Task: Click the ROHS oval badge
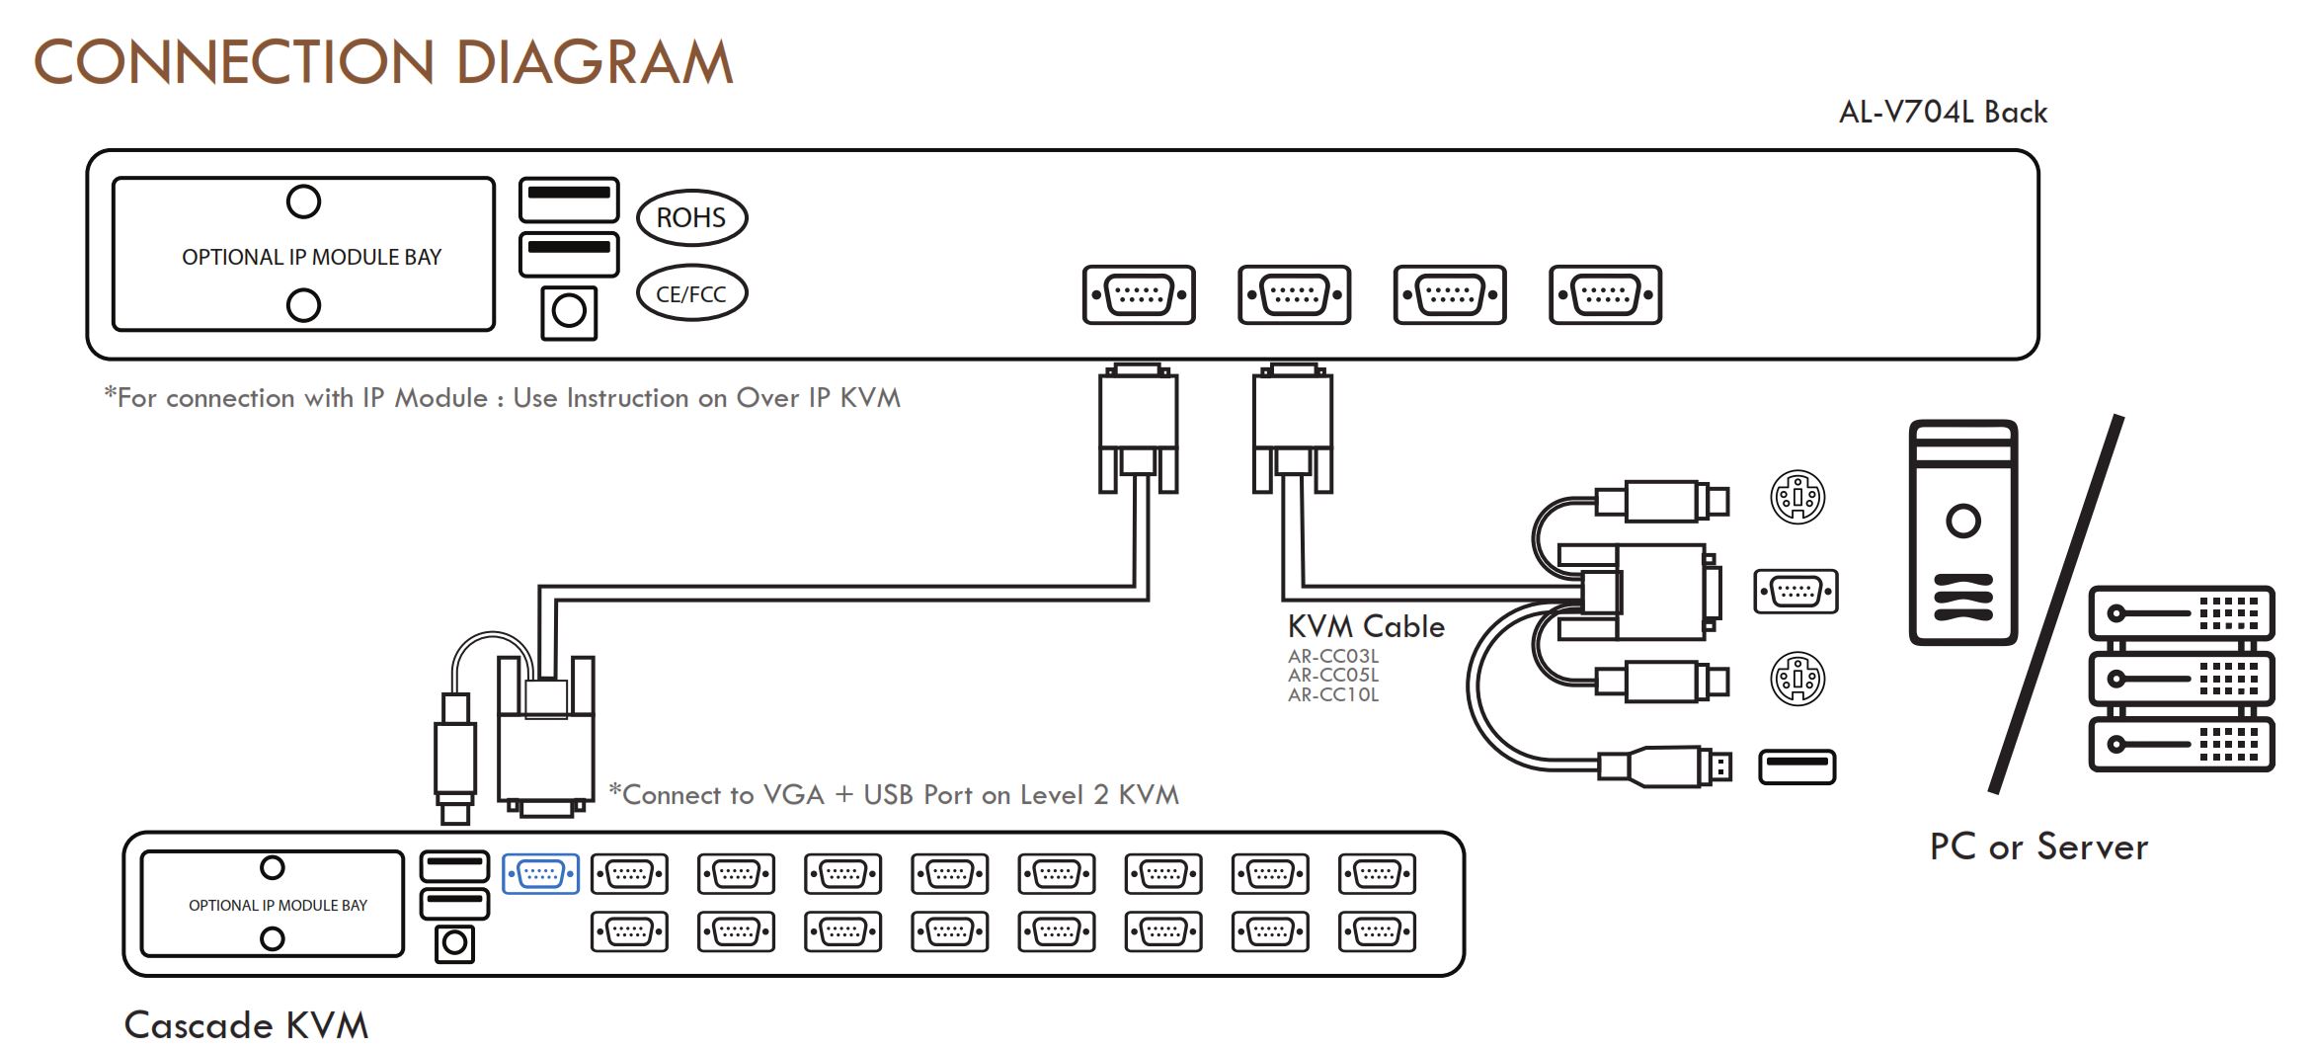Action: click(691, 217)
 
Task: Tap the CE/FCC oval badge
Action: click(691, 293)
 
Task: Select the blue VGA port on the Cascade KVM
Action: click(540, 874)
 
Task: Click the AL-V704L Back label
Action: click(1943, 113)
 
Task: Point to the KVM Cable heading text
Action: click(1366, 626)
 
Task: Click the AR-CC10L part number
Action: click(1333, 694)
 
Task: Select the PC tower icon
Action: click(1963, 532)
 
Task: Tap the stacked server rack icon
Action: click(2182, 679)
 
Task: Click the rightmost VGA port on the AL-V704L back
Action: click(1606, 294)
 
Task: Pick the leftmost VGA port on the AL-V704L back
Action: click(1139, 294)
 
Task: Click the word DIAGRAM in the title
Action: click(594, 62)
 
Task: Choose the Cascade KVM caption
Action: click(246, 1024)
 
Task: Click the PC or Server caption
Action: click(2038, 846)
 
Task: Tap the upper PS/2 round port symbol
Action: click(1797, 498)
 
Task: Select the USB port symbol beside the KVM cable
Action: click(1797, 767)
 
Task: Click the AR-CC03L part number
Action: click(1333, 656)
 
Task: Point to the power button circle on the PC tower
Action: click(1963, 521)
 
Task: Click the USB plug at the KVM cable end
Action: click(1666, 766)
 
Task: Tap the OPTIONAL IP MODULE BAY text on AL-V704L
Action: click(312, 257)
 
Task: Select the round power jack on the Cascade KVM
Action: click(454, 943)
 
